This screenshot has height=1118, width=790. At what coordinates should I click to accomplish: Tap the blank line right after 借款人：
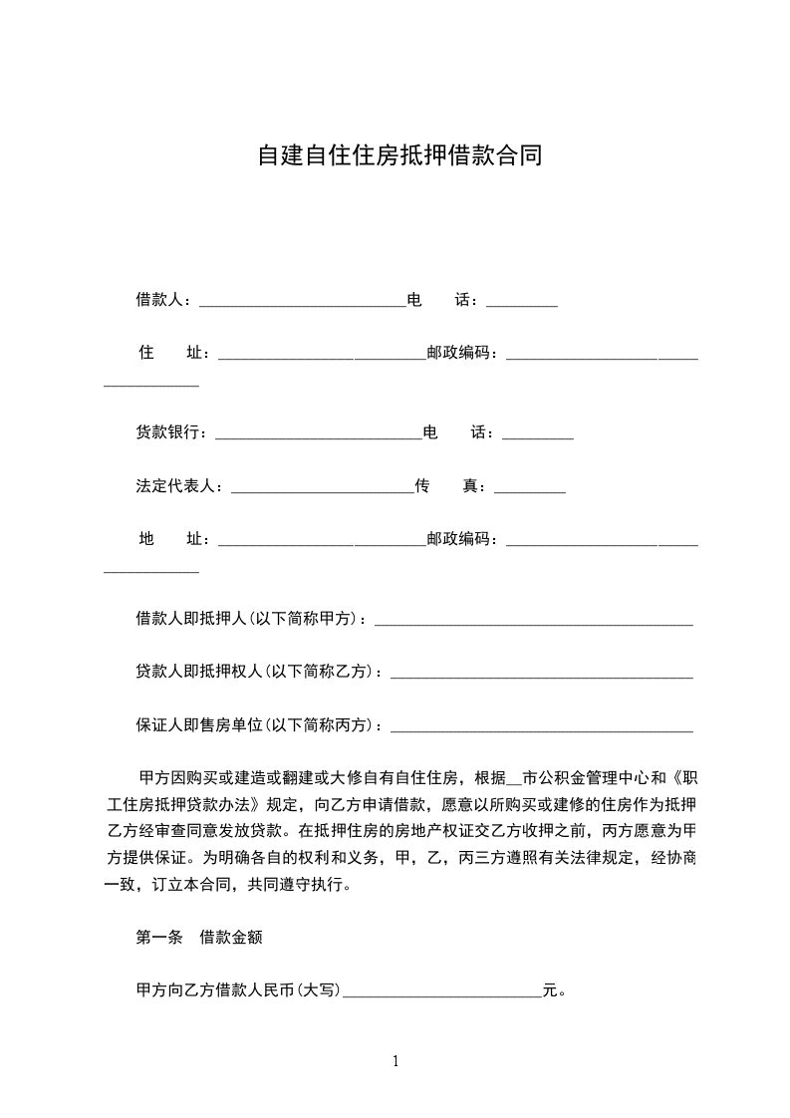[303, 300]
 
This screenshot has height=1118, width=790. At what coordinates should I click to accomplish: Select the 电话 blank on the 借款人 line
[521, 300]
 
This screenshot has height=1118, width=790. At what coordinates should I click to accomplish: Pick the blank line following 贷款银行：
[319, 433]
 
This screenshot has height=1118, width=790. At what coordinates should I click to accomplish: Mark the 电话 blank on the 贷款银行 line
[537, 433]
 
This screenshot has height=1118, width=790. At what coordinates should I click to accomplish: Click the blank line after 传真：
[529, 487]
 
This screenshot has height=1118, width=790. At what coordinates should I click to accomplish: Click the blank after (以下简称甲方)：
[533, 620]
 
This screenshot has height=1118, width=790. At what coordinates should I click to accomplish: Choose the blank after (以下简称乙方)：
[541, 674]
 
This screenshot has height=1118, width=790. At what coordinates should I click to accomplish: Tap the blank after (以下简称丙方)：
[541, 726]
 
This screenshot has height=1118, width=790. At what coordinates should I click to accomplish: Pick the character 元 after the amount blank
[549, 991]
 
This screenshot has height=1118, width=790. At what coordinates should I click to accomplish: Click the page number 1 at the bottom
[395, 1062]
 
